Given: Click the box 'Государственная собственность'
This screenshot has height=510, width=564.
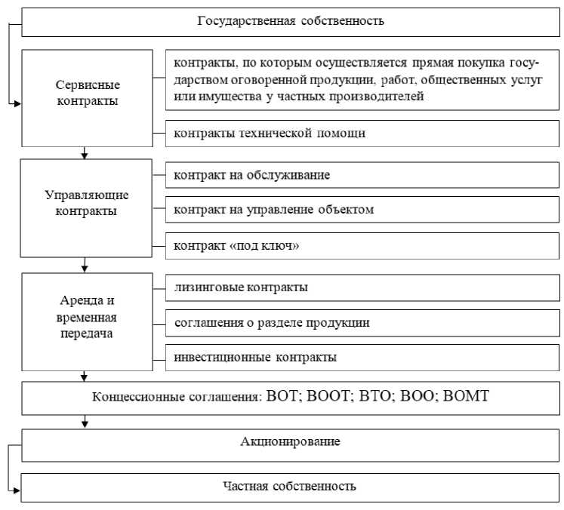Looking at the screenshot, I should pos(291,20).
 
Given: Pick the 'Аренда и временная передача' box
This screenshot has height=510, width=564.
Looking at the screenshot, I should pos(87,318).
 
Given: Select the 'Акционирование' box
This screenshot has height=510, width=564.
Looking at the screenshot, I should pos(291,441).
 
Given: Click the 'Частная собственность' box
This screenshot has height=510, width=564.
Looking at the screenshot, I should pos(291,486).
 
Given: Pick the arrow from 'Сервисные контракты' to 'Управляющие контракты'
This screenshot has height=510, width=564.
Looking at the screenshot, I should pos(85,152).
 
